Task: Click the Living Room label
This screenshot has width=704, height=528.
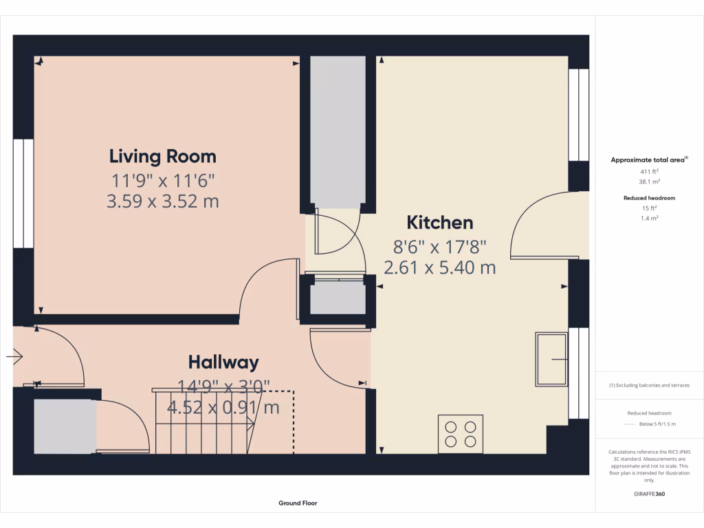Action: point(163,156)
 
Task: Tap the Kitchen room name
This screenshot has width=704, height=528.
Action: point(440,223)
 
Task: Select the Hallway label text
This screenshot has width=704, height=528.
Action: point(223,362)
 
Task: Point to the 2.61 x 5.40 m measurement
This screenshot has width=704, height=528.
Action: point(440,267)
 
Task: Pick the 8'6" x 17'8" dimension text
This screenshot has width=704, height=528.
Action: point(440,245)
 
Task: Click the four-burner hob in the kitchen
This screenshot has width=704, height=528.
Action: point(461,433)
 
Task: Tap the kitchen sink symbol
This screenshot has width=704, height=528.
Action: point(552,359)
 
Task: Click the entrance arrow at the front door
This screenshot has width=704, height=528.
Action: point(15,356)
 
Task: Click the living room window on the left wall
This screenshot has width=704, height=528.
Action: point(23,193)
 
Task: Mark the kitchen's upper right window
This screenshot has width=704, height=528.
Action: point(579,114)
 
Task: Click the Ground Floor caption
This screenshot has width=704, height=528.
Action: point(298,503)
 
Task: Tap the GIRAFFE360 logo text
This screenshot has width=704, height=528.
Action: point(649,494)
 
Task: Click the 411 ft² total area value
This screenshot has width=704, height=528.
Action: point(650,171)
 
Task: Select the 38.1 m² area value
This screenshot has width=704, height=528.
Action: point(650,182)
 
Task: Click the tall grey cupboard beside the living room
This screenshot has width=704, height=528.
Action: point(337,131)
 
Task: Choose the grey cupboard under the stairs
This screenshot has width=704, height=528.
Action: point(65,426)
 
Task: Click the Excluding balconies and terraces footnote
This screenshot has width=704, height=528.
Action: point(649,386)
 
